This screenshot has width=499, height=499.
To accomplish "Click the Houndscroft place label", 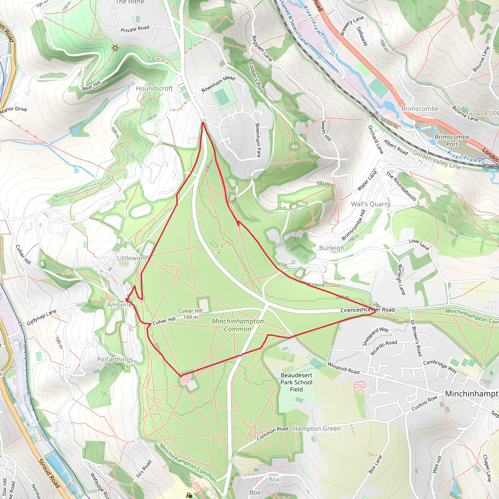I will [x=154, y=88].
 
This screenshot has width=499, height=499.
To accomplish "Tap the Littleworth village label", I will [x=133, y=258].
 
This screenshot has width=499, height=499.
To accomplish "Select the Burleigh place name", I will [x=332, y=248].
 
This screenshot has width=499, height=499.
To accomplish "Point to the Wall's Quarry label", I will [x=370, y=204].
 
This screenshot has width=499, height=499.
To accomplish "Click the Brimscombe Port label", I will [x=452, y=140].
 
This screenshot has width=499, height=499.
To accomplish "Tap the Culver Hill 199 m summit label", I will [x=190, y=314].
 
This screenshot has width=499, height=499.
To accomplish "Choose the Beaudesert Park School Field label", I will [x=297, y=382].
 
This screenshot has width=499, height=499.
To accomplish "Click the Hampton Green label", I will [x=317, y=429].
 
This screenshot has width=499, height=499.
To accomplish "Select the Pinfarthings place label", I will [x=115, y=360].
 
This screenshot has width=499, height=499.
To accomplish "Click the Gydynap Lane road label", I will [x=42, y=317].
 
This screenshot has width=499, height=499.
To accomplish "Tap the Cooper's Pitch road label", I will [x=256, y=77].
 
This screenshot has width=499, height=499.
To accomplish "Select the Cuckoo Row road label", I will [x=424, y=403].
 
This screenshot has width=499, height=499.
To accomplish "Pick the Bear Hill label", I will [x=91, y=86].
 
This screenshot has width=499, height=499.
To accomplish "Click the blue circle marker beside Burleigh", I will [x=293, y=262].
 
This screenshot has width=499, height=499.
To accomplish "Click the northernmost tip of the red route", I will [x=203, y=123].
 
